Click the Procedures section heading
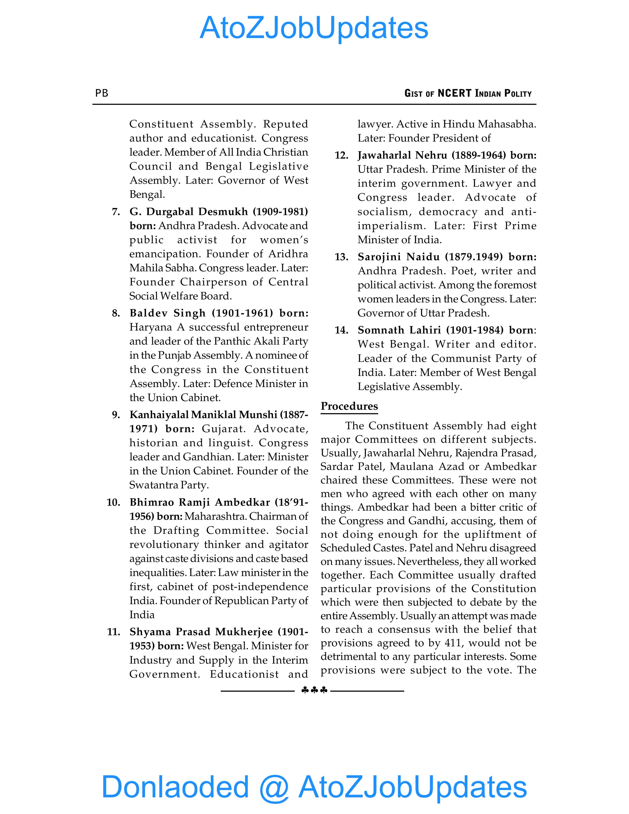[x=349, y=406]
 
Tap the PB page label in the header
[x=102, y=93]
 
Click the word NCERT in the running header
[x=454, y=93]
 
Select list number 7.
[x=116, y=212]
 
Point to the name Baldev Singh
[x=168, y=313]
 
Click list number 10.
[x=113, y=503]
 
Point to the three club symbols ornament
[x=314, y=690]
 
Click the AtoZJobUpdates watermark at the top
[x=314, y=28]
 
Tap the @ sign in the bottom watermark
[x=274, y=787]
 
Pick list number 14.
[x=341, y=330]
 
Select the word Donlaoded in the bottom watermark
[x=175, y=787]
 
